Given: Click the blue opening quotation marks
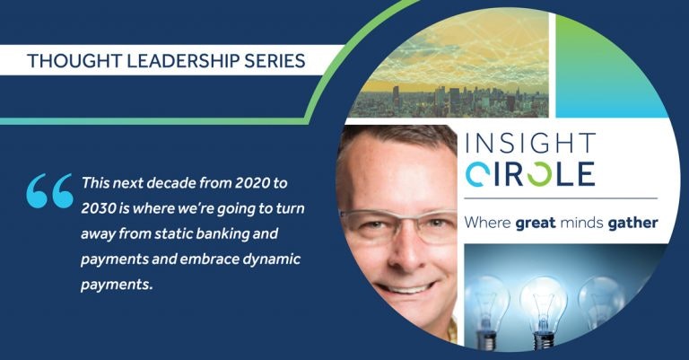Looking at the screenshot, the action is tap(49, 190).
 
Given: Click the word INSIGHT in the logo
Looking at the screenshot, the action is tap(531, 144).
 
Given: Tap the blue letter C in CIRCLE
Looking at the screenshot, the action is tap(476, 174).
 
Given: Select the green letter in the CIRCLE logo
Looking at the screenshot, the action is tap(539, 174).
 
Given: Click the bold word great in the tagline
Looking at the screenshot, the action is tap(536, 224).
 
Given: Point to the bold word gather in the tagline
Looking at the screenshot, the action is tap(632, 223).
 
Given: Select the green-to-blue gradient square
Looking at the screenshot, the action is tap(611, 66).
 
